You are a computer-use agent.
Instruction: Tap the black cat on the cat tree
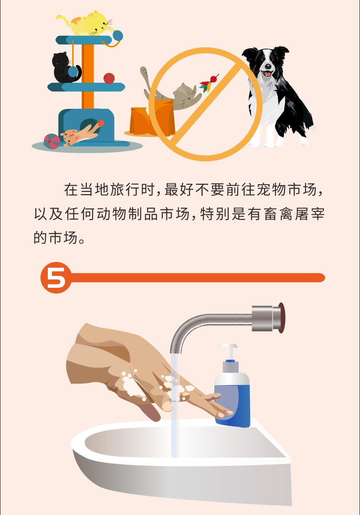click(63, 67)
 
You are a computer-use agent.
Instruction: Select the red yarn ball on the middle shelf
click(109, 78)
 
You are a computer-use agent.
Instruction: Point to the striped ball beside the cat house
click(52, 141)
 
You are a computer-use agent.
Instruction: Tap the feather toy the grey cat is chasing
click(209, 84)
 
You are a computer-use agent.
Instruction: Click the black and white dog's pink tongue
click(267, 74)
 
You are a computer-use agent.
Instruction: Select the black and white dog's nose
click(268, 66)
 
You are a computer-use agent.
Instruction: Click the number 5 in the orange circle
click(56, 278)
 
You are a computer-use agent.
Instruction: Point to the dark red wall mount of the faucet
click(281, 317)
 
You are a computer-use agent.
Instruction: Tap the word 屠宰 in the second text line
click(310, 214)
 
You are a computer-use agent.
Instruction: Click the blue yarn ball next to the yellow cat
click(117, 35)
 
